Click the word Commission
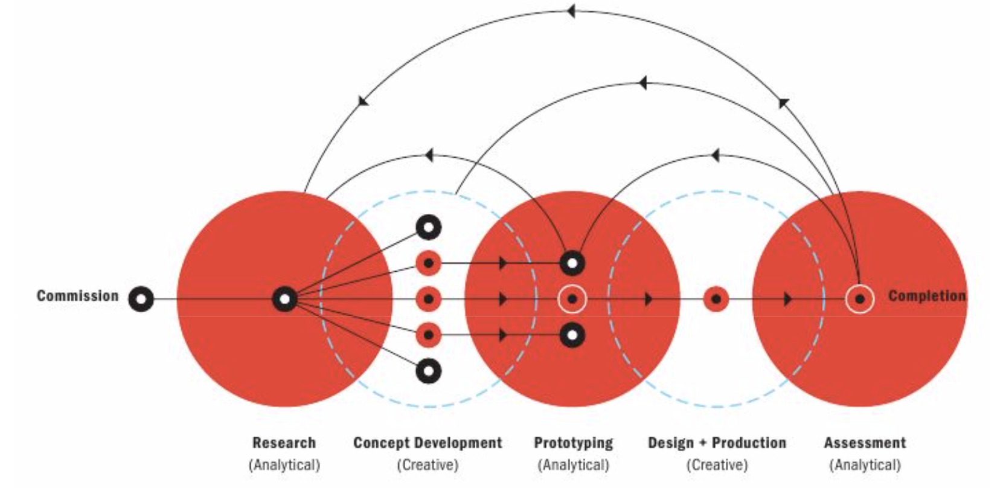(78, 296)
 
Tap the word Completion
(927, 296)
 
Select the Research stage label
(284, 443)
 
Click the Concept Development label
(428, 443)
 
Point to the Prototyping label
(573, 443)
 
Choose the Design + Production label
(717, 443)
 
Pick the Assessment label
(865, 443)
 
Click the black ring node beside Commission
(141, 299)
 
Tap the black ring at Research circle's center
(285, 299)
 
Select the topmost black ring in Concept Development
(429, 227)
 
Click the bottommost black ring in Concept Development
(429, 371)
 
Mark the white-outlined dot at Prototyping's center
(572, 299)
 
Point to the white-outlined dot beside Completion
(860, 299)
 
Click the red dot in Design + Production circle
(716, 299)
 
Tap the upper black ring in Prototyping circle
(572, 263)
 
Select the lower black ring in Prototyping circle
(572, 335)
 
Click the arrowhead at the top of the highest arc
(571, 11)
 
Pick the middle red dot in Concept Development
(429, 299)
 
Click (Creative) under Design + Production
(717, 464)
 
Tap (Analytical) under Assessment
(865, 464)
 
